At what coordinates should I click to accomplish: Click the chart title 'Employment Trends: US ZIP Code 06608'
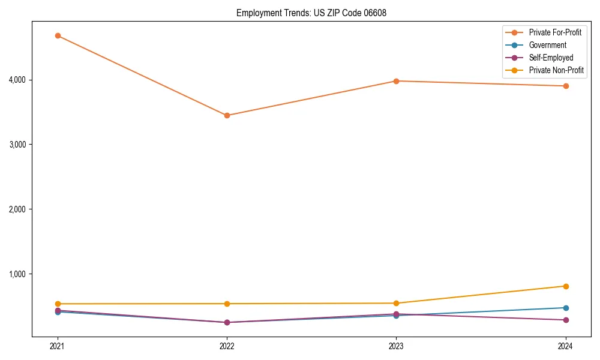coord(307,13)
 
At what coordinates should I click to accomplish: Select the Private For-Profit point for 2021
coord(58,35)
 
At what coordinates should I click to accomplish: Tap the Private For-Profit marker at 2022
coord(227,115)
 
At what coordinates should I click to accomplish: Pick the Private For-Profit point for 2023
coord(396,81)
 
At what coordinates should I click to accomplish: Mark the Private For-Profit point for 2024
coord(566,86)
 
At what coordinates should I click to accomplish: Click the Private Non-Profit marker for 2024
coord(566,286)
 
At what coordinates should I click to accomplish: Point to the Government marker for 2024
coord(566,308)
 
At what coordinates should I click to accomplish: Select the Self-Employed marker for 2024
coord(566,320)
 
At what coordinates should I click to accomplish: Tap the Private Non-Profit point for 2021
coord(58,304)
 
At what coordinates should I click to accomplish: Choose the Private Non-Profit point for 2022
coord(227,304)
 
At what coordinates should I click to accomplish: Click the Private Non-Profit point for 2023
coord(396,303)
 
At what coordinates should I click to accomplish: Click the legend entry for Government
coord(547,45)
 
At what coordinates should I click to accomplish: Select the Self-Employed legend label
coord(551,58)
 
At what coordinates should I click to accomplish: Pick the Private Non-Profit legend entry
coord(556,70)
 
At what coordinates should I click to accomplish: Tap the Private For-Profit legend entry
coord(555,32)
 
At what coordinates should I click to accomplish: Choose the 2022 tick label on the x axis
coord(227,346)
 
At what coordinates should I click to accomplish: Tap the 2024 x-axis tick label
coord(566,346)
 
